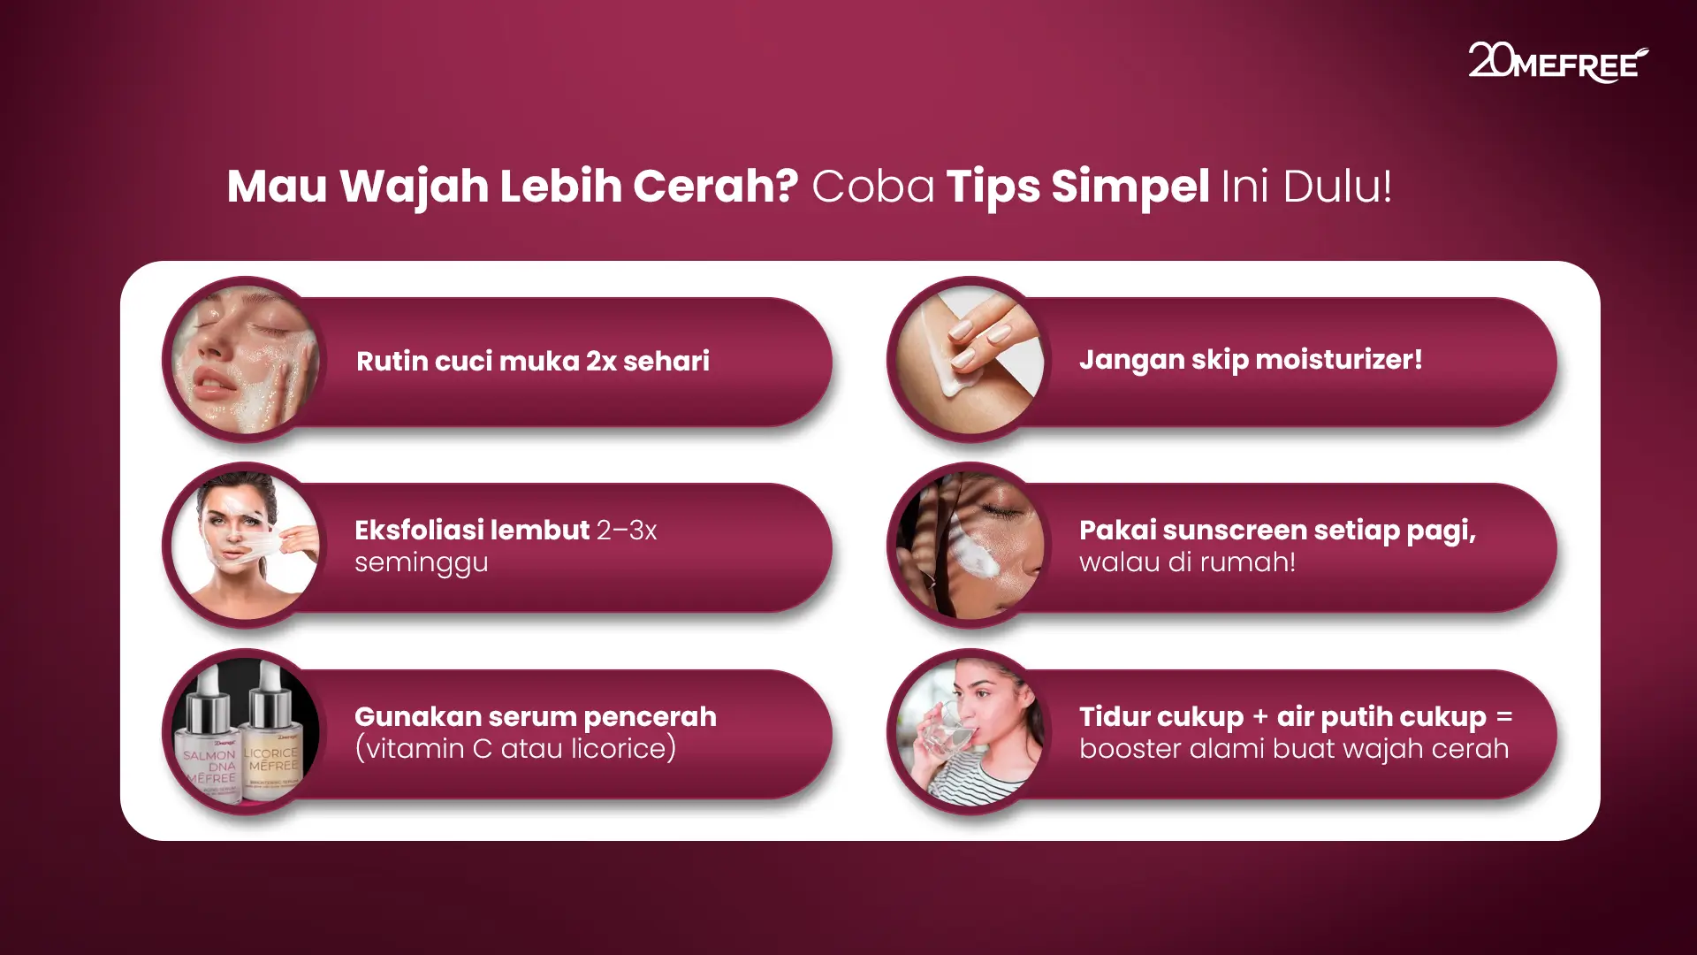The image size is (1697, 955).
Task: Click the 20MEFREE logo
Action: pyautogui.click(x=1557, y=62)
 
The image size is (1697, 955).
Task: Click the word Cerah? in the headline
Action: pyautogui.click(x=715, y=187)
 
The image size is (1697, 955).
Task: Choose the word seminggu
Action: pyautogui.click(x=421, y=562)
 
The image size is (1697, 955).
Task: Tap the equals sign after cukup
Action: pyautogui.click(x=1504, y=717)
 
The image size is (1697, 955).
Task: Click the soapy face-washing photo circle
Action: pyautogui.click(x=245, y=359)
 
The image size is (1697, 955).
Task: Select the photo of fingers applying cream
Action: pyautogui.click(x=970, y=359)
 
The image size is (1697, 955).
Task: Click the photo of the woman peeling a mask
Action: pyautogui.click(x=245, y=546)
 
